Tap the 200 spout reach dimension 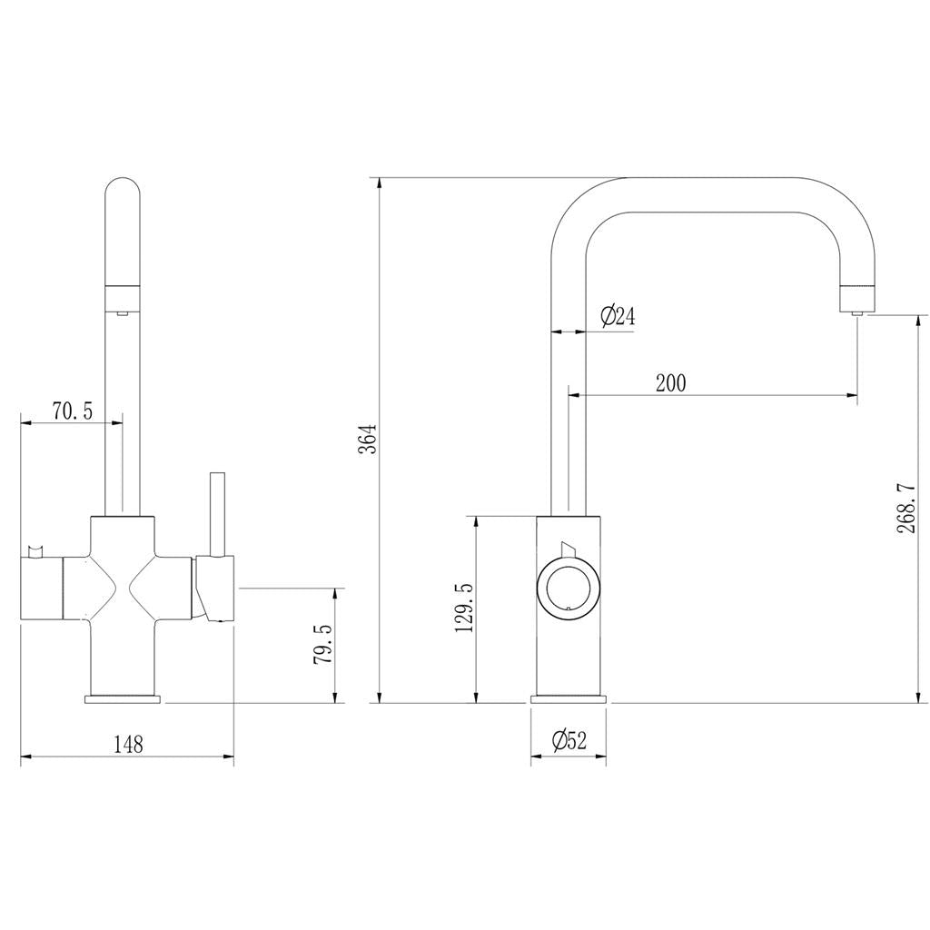[670, 382]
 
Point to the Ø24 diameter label [618, 316]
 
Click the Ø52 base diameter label [569, 741]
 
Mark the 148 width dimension [128, 744]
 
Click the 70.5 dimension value [72, 411]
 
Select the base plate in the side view [569, 698]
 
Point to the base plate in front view [123, 698]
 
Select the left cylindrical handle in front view [41, 590]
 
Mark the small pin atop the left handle [36, 550]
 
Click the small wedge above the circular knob [569, 548]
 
